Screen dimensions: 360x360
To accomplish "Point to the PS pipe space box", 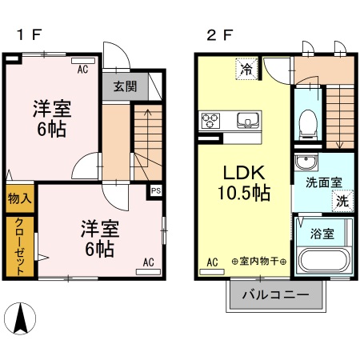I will coord(156,191).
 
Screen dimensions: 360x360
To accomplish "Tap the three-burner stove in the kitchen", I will coord(211,122).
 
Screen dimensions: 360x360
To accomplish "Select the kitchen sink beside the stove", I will coord(247,122).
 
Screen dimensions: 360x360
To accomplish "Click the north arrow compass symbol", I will coord(23,320).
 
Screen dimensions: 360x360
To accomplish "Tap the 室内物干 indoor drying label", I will coord(258,262).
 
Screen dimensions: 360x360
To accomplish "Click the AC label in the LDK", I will coord(213,262).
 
